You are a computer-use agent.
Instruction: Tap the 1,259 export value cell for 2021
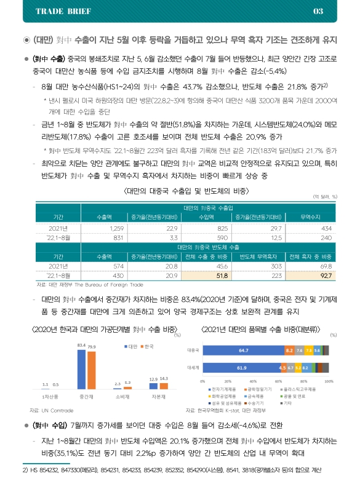pos(100,228)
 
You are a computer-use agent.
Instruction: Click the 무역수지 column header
pos(310,217)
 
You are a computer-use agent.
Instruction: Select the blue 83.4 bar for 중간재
pos(81,368)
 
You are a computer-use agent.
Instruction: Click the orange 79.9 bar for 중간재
pos(92,370)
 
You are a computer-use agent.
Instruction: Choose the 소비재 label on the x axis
pos(122,397)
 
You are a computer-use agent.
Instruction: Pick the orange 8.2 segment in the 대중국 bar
pos(289,350)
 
